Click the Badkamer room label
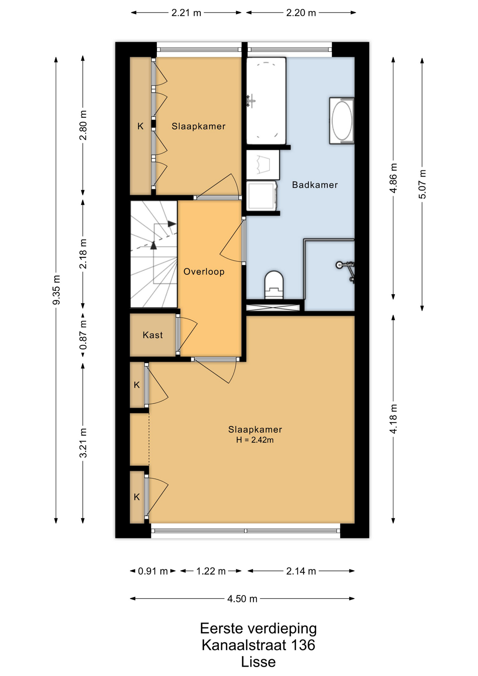pos(315,185)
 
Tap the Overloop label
pos(204,271)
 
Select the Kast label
pos(153,335)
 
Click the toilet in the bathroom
pos(274,285)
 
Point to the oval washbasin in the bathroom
pos(342,121)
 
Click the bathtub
pos(266,101)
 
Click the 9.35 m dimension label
pos(56,290)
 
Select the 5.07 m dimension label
pos(422,184)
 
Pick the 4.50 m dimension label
pos(242,599)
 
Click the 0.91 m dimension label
pos(153,571)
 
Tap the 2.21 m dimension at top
pos(186,13)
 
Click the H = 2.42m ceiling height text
pos(255,440)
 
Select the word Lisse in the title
pos(258,662)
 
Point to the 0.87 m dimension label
pos(83,334)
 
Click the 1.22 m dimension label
pos(211,571)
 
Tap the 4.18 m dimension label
pos(394,419)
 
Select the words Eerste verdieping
pos(258,628)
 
